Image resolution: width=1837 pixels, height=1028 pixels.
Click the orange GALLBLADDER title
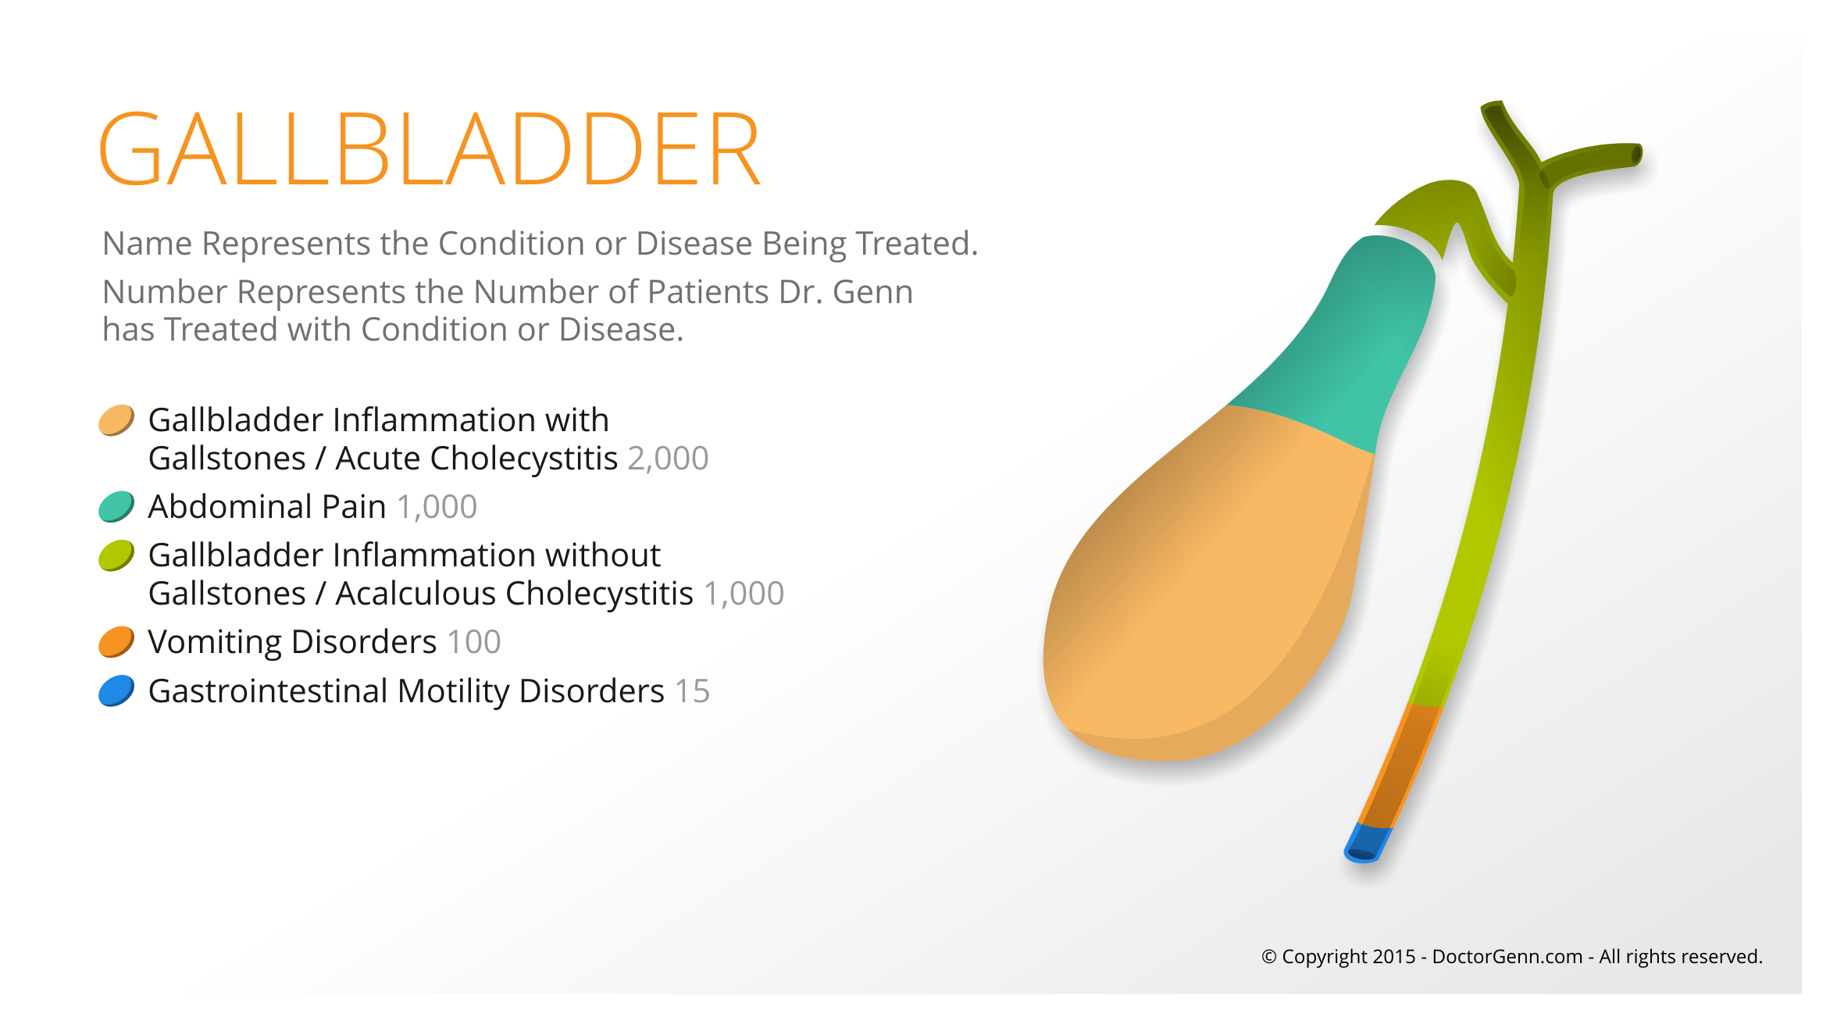pyautogui.click(x=430, y=148)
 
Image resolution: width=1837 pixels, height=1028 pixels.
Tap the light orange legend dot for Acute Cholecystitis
pyautogui.click(x=116, y=420)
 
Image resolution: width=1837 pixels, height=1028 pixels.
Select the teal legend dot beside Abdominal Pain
pyautogui.click(x=116, y=506)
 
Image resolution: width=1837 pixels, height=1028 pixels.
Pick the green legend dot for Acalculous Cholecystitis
pyautogui.click(x=116, y=555)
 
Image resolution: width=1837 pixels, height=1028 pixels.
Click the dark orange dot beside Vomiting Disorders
pyautogui.click(x=116, y=642)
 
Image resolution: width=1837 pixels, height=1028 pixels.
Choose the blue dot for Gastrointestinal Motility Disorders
pyautogui.click(x=116, y=691)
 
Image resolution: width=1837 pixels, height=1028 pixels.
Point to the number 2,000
pyautogui.click(x=668, y=459)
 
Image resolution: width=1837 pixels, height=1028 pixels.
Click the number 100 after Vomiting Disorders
pyautogui.click(x=474, y=642)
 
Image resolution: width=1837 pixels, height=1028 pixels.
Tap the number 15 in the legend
pyautogui.click(x=692, y=691)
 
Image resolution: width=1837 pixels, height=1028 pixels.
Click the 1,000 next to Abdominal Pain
pyautogui.click(x=437, y=507)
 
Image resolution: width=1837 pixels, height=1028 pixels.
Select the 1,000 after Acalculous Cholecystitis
pyautogui.click(x=744, y=594)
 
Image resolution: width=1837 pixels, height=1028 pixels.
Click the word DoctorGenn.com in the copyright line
pyautogui.click(x=1507, y=957)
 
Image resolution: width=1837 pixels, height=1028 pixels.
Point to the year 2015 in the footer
pyautogui.click(x=1394, y=957)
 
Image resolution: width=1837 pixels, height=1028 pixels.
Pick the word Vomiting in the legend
pyautogui.click(x=215, y=643)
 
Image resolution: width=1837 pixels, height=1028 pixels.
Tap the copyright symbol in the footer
pyautogui.click(x=1269, y=957)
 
